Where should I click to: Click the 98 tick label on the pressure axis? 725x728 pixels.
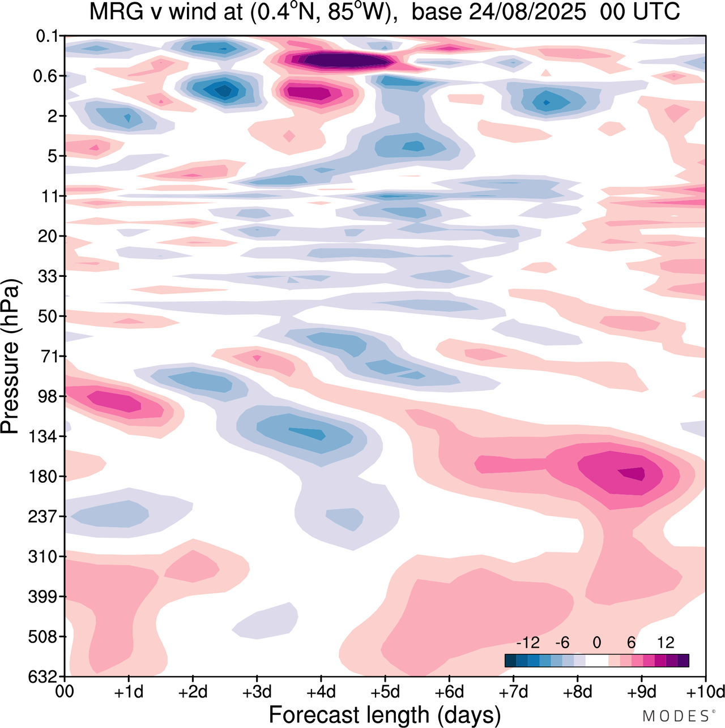coord(48,396)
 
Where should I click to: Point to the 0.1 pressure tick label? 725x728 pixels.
coord(47,37)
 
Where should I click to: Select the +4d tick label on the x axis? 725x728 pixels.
coord(321,692)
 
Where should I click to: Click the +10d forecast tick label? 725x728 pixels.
coord(706,692)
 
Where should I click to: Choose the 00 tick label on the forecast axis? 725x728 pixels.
coord(65,692)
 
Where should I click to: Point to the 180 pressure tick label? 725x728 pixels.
coord(44,477)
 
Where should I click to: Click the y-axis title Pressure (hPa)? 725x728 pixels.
coord(10,357)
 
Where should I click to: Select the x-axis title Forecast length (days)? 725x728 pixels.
coord(385,714)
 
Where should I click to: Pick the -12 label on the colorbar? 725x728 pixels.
coord(527,643)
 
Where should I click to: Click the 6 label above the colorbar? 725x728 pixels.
coord(631,643)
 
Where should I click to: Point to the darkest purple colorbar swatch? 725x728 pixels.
coord(683,661)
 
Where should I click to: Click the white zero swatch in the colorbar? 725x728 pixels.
coord(597,661)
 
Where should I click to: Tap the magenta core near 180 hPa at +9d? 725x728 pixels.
coord(633,473)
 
